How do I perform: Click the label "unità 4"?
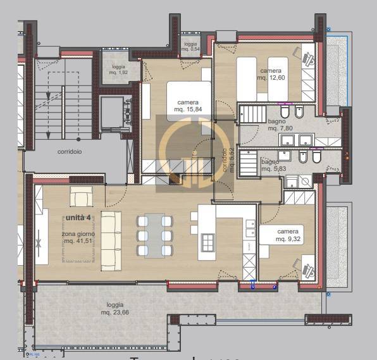(78, 218)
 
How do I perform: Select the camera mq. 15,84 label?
(187, 106)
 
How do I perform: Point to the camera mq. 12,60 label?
(270, 75)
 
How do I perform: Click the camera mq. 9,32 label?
(288, 235)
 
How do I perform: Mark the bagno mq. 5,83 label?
(274, 165)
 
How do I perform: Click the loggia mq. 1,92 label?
(118, 70)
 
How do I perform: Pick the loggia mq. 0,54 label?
(190, 46)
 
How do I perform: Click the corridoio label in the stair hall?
(69, 152)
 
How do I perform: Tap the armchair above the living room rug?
(82, 198)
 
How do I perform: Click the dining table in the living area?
(156, 235)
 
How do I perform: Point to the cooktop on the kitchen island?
(207, 241)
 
